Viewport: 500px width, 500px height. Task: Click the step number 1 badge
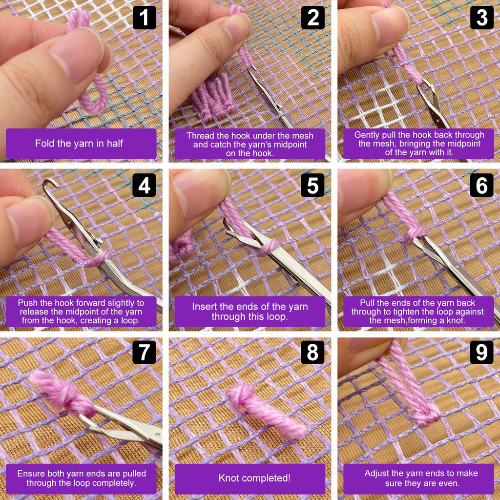tap(145, 18)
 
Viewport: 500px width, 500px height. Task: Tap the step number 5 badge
tap(312, 185)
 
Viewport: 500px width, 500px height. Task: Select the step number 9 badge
tap(481, 353)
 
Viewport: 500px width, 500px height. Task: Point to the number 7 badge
tap(144, 353)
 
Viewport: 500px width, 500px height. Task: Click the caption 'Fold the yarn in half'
tap(79, 144)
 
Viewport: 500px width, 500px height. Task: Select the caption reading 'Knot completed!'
tap(254, 478)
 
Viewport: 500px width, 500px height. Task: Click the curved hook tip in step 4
tap(50, 183)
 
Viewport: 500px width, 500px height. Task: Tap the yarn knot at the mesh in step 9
tap(427, 415)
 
